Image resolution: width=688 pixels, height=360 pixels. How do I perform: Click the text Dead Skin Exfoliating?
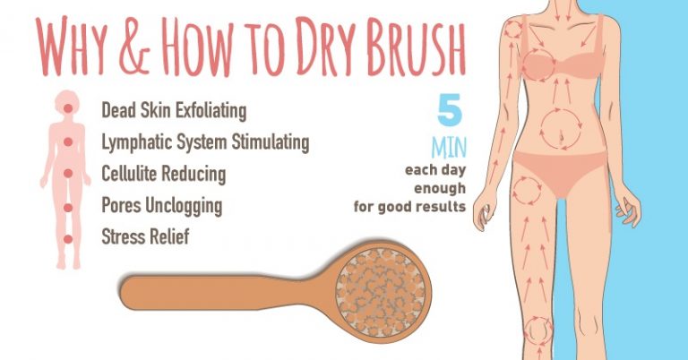[x=174, y=112]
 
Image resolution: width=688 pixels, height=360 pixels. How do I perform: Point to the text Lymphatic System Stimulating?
[x=205, y=142]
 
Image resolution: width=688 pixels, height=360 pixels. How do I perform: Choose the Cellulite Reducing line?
[x=163, y=173]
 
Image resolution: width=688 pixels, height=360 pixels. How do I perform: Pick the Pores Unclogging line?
[x=161, y=206]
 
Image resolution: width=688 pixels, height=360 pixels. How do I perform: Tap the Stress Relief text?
[x=146, y=238]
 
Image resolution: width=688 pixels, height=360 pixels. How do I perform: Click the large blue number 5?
[x=451, y=111]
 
